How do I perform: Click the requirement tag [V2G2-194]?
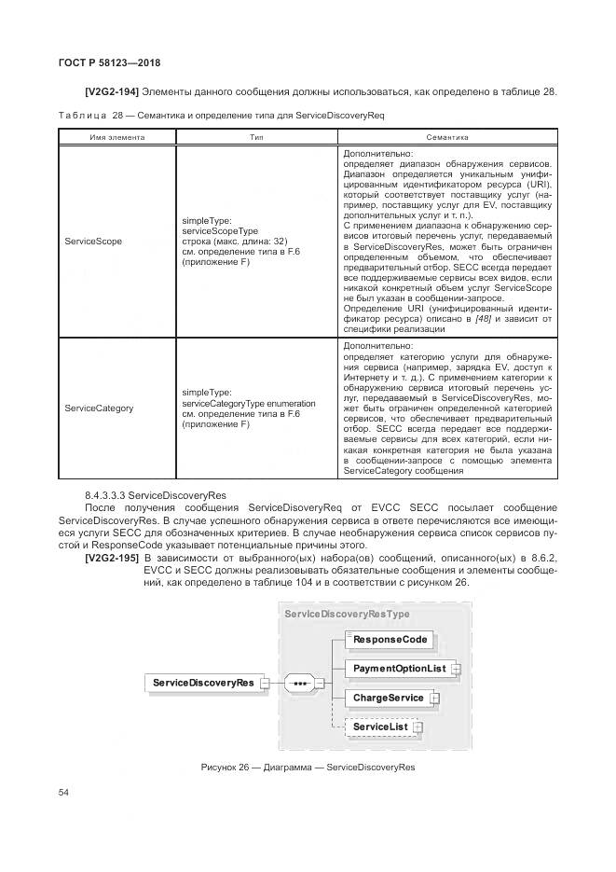pyautogui.click(x=112, y=91)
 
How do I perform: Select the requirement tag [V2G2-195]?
pyautogui.click(x=112, y=557)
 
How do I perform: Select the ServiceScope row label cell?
pyautogui.click(x=93, y=242)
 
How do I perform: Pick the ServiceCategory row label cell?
pyautogui.click(x=99, y=408)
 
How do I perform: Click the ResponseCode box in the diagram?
pyautogui.click(x=390, y=640)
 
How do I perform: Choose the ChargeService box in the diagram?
pyautogui.click(x=388, y=698)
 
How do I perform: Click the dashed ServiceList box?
pyautogui.click(x=380, y=727)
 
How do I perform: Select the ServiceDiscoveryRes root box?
pyautogui.click(x=202, y=683)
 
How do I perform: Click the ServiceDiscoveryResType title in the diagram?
pyautogui.click(x=346, y=615)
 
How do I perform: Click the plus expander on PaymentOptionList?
pyautogui.click(x=456, y=669)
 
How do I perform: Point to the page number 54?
pyautogui.click(x=63, y=792)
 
